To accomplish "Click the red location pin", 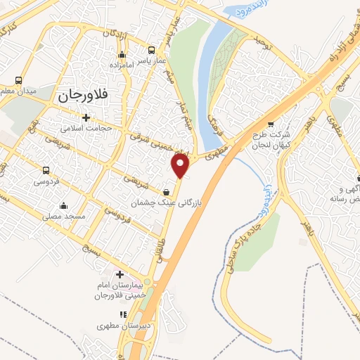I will pyautogui.click(x=181, y=166).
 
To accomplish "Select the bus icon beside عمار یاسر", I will pyautogui.click(x=151, y=50).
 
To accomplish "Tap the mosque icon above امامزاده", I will pyautogui.click(x=122, y=54).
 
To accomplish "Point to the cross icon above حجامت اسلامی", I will pyautogui.click(x=86, y=117).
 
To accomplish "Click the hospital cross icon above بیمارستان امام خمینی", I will pyautogui.click(x=119, y=274).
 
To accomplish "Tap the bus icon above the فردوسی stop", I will pyautogui.click(x=46, y=170).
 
